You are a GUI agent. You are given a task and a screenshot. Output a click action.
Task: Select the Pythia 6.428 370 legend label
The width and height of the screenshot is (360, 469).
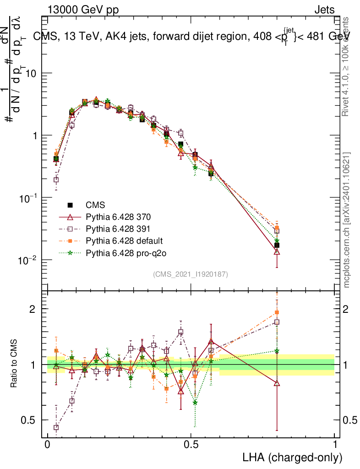(118, 217)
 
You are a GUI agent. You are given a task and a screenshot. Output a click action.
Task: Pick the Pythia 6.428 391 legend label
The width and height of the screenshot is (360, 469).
(118, 229)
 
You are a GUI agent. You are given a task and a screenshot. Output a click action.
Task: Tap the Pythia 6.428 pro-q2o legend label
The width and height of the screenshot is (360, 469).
(122, 252)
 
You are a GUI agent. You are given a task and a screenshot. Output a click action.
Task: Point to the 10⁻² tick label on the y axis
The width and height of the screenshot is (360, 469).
(27, 261)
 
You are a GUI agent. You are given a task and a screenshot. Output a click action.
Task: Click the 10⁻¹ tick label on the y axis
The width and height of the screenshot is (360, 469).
(27, 198)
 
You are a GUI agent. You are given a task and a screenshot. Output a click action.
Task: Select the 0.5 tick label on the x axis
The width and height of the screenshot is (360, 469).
(191, 445)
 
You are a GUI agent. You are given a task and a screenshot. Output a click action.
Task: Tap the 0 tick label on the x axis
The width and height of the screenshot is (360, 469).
(48, 445)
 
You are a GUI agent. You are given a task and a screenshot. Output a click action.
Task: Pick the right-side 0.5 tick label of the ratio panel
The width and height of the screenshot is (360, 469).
(350, 420)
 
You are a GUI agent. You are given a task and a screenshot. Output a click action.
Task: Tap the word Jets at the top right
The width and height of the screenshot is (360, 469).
(324, 10)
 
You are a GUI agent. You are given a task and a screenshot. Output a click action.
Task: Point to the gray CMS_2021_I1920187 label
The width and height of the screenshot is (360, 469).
(191, 274)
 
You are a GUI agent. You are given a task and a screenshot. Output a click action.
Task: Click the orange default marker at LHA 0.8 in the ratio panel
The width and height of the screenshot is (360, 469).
(277, 313)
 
